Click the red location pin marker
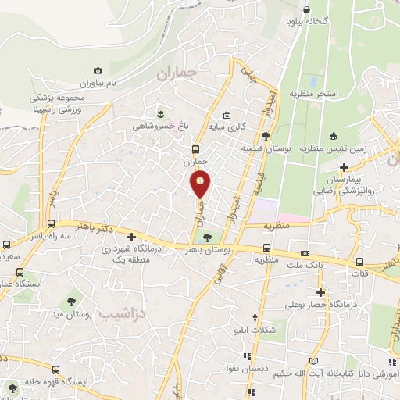coord(201,184)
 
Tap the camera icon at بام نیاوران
coord(98,70)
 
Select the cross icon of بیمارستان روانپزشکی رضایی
coord(345,166)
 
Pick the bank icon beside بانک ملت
coord(305,254)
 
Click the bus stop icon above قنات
coord(359,262)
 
